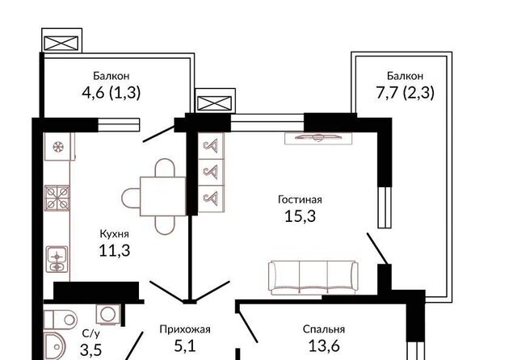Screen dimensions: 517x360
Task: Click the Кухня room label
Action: pyautogui.click(x=114, y=234)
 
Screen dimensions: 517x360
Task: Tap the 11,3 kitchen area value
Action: pyautogui.click(x=115, y=251)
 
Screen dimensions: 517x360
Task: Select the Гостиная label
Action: pyautogui.click(x=300, y=199)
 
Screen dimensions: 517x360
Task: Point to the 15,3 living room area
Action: pyautogui.click(x=300, y=216)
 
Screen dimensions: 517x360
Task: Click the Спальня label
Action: pyautogui.click(x=324, y=329)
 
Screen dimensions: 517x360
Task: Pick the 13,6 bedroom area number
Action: pyautogui.click(x=324, y=345)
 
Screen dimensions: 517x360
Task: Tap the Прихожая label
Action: pyautogui.click(x=185, y=329)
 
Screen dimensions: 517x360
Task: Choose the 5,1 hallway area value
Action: pyautogui.click(x=185, y=345)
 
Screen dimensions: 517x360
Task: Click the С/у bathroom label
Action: pyautogui.click(x=90, y=333)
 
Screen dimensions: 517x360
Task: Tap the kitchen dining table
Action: pyautogui.click(x=163, y=196)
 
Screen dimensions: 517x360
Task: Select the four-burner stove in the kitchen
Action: pyautogui.click(x=57, y=198)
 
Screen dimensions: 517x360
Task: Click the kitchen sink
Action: pyautogui.click(x=57, y=259)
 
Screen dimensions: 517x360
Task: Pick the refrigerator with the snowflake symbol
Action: pyautogui.click(x=59, y=147)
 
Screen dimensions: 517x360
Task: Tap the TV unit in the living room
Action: pyautogui.click(x=318, y=138)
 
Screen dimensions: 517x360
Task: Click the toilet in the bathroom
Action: pyautogui.click(x=61, y=319)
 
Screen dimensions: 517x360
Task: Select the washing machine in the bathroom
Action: pyautogui.click(x=107, y=314)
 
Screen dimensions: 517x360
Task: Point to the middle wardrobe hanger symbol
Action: pyautogui.click(x=211, y=172)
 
